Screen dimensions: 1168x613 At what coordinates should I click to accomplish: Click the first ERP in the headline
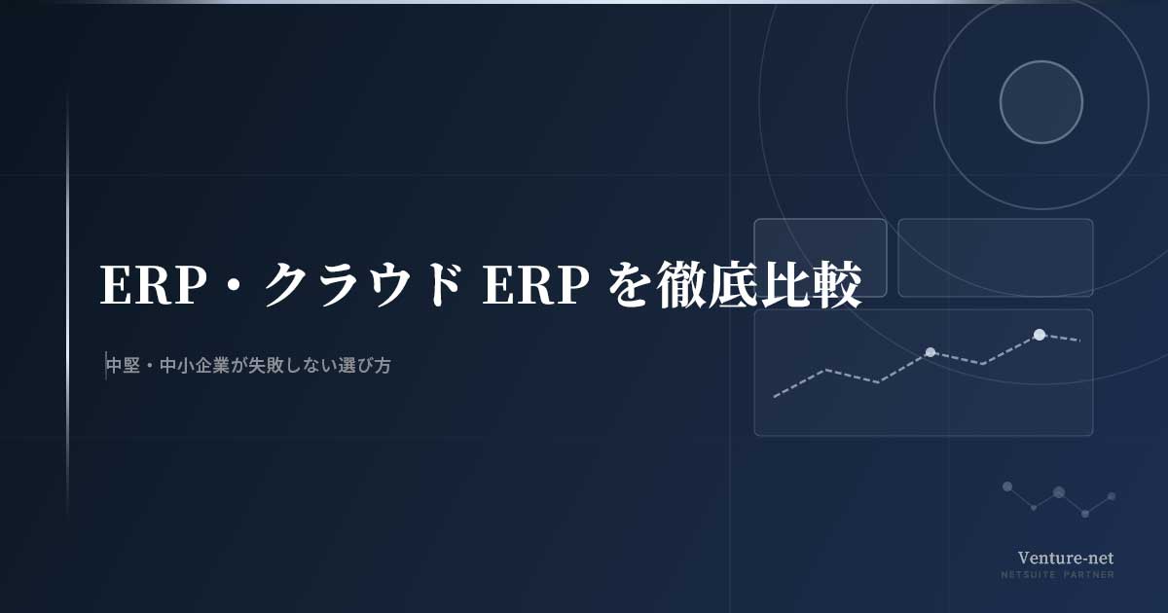coord(150,285)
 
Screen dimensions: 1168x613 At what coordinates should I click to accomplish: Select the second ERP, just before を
coord(535,285)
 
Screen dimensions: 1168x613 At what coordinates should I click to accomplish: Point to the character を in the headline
coord(629,285)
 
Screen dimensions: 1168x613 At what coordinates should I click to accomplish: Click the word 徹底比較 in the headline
coord(758,285)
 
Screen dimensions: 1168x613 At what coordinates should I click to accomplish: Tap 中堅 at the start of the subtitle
coord(124,366)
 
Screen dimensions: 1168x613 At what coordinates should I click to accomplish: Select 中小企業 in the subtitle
coord(195,366)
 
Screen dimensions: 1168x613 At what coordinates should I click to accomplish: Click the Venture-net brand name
coord(1065,558)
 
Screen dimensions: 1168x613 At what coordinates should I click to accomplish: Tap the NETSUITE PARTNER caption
coord(1057,574)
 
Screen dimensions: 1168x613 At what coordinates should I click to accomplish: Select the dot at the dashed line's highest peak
coord(1040,335)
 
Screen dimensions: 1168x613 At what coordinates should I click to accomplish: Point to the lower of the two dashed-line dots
coord(931,352)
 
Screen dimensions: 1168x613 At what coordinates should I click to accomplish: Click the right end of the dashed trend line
coord(1079,341)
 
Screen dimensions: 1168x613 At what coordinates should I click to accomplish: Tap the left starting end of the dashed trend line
coord(775,397)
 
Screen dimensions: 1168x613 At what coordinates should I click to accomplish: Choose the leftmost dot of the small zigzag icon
coord(1007,487)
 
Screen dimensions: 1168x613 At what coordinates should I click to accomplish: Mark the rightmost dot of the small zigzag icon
coord(1112,496)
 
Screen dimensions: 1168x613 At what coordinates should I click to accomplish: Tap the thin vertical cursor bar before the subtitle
coord(106,366)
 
